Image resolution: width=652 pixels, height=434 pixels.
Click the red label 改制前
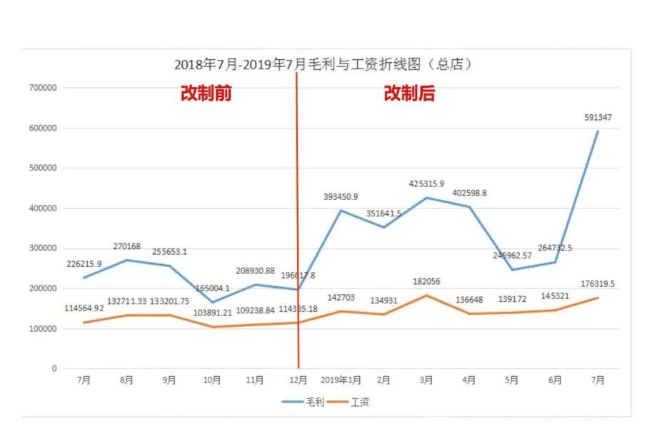tap(206, 94)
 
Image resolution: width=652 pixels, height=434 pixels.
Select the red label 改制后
tap(409, 94)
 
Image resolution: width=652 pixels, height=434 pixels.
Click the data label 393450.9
tap(340, 197)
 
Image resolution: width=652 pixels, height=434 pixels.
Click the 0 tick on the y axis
tap(53, 369)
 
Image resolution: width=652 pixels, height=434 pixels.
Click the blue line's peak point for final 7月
tap(598, 131)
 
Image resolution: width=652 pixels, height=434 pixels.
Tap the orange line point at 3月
tap(426, 295)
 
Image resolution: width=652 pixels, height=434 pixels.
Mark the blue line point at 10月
tap(212, 302)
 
